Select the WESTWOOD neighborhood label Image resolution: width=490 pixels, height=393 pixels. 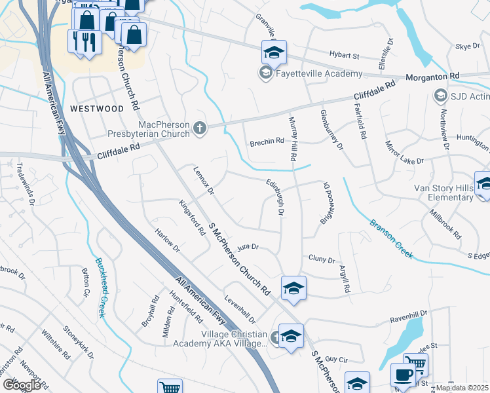96,108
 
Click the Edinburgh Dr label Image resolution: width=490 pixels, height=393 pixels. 275,196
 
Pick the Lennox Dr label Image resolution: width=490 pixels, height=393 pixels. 204,180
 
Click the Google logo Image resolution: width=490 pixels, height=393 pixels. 22,385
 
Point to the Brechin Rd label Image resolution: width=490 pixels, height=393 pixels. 267,141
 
